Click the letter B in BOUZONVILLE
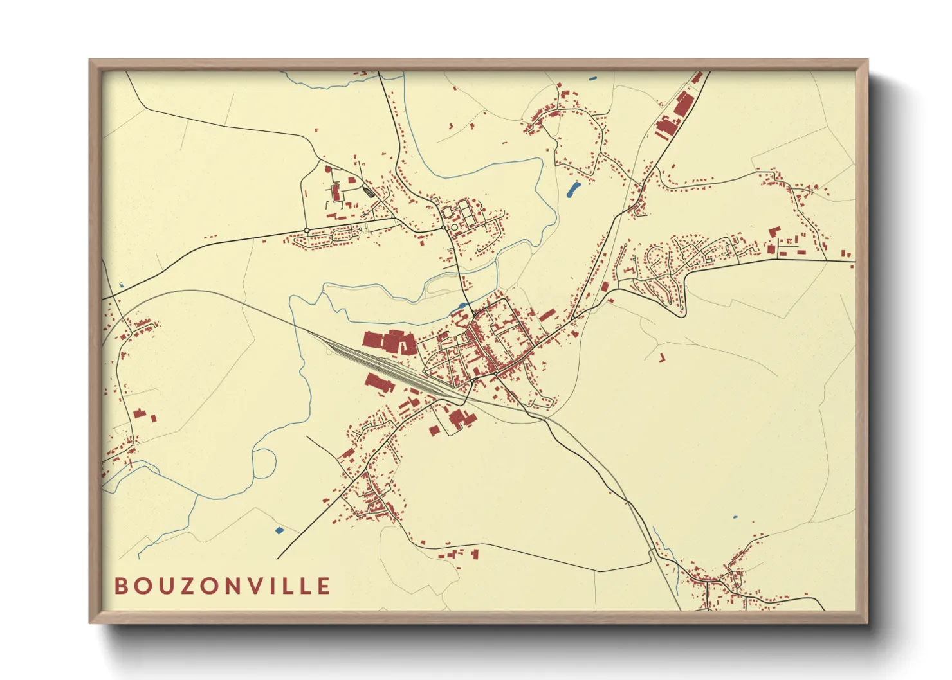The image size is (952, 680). (x=120, y=586)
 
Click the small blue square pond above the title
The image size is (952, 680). (x=279, y=530)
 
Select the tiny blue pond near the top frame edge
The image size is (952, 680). (x=592, y=78)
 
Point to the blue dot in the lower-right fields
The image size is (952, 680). (x=736, y=517)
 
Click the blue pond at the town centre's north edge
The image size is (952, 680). (x=462, y=306)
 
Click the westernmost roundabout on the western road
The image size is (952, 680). (x=307, y=230)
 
